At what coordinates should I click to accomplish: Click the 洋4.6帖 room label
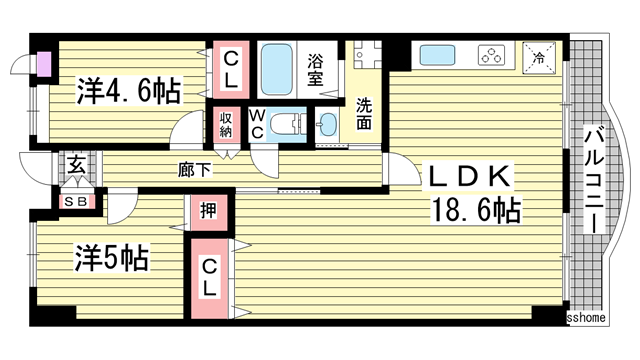pos(129,90)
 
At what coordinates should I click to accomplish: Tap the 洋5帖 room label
pos(111,258)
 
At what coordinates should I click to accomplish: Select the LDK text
pos(469,176)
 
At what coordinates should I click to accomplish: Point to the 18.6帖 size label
pos(476,209)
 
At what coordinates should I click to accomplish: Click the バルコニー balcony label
pos(594,179)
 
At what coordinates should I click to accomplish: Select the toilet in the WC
pos(287,124)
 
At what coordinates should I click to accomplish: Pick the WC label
pos(257,124)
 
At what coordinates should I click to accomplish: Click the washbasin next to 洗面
pos(327,124)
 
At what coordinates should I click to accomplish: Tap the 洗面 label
pos(364,114)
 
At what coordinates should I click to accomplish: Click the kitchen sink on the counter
pos(437,55)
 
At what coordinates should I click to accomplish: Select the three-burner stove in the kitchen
pos(491,55)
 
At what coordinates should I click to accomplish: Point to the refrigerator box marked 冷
pos(539,58)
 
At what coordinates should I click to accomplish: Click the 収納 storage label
pos(226,124)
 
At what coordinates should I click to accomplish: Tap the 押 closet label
pos(209,211)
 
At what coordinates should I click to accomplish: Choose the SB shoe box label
pos(76,202)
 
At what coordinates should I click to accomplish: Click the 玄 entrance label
pos(77,165)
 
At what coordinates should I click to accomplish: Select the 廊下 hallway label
pos(195,169)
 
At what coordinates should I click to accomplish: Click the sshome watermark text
pos(586,318)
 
